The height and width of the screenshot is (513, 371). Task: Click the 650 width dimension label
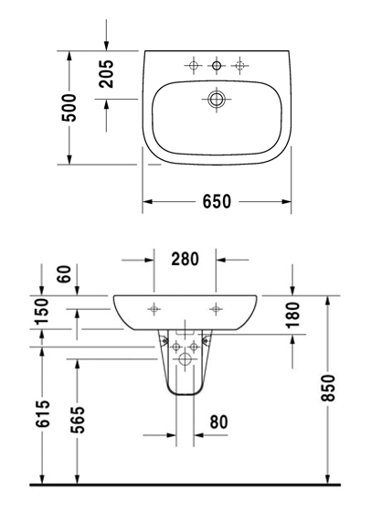[x=217, y=201]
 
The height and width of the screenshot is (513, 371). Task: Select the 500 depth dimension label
[x=69, y=108]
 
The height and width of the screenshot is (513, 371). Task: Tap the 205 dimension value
[x=106, y=74]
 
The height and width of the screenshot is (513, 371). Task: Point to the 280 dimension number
[x=185, y=259]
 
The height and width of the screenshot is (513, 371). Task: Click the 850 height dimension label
[x=328, y=388]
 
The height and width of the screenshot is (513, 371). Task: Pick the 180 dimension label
[x=292, y=315]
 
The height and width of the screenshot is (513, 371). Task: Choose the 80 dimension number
[x=218, y=422]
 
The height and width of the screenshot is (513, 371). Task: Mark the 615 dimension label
[x=43, y=413]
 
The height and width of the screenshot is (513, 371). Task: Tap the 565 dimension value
[x=78, y=420]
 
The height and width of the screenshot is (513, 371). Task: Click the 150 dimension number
[x=42, y=311]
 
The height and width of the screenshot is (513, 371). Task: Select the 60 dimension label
[x=64, y=274]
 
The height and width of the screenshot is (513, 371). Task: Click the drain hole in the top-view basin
[x=216, y=99]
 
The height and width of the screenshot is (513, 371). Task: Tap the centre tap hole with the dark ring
[x=217, y=66]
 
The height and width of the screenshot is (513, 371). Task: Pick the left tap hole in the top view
[x=193, y=66]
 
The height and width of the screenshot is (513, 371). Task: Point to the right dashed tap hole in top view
[x=240, y=66]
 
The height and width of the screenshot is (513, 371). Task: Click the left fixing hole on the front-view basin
[x=154, y=308]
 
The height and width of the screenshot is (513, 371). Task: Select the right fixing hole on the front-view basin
[x=216, y=308]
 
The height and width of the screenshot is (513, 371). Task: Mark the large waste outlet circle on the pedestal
[x=185, y=359]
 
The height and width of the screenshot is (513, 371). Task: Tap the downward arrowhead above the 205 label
[x=106, y=47]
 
